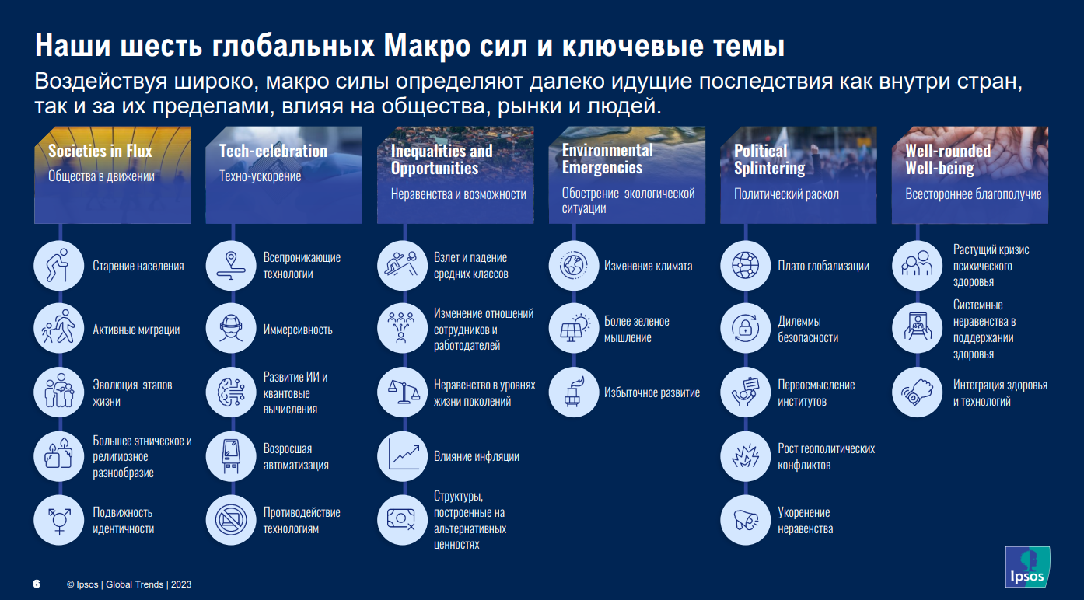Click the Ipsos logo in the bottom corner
(1027, 567)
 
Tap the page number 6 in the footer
(37, 584)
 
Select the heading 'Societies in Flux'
(100, 151)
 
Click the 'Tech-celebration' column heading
(274, 151)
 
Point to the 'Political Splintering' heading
(769, 159)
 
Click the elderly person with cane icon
(59, 266)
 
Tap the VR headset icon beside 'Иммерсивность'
(231, 329)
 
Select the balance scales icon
(403, 392)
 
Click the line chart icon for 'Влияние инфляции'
(403, 456)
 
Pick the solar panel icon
(574, 329)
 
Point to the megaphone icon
(745, 520)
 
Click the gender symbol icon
(59, 520)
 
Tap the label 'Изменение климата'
(648, 266)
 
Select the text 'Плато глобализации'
(823, 266)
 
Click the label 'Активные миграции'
(136, 330)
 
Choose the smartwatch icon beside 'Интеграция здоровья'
(917, 392)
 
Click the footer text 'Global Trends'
(135, 584)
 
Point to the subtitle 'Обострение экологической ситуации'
(628, 201)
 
